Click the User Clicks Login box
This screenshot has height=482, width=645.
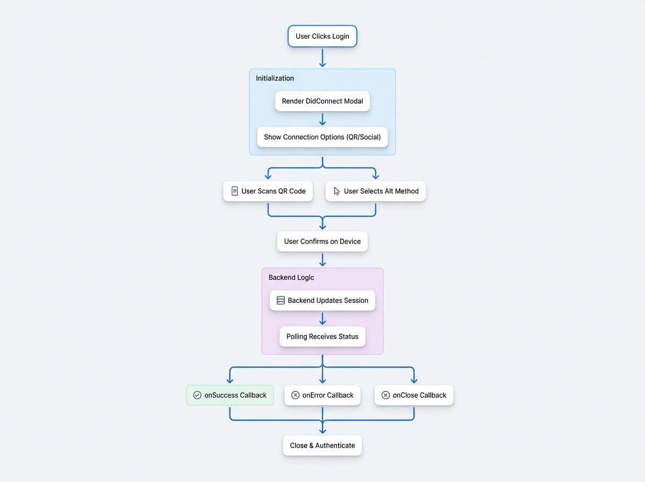[322, 37]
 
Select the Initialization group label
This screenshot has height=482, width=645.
[275, 79]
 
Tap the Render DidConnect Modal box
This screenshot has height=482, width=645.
[322, 101]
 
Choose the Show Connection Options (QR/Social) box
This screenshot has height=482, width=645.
[322, 137]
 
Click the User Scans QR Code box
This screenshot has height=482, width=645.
[268, 191]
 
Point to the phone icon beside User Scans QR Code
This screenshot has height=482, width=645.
[234, 191]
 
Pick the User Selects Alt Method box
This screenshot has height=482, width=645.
[376, 191]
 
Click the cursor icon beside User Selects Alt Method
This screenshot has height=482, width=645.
[336, 191]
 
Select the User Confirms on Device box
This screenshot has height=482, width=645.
[322, 242]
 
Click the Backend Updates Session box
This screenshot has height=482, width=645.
[322, 301]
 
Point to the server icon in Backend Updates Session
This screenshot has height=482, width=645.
[281, 301]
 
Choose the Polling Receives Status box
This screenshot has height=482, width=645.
[322, 337]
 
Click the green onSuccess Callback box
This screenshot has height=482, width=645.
[230, 395]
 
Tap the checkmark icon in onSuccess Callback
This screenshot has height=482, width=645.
[197, 395]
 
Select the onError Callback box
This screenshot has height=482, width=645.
[322, 395]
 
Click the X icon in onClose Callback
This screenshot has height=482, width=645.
[385, 395]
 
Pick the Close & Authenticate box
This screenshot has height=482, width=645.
[322, 446]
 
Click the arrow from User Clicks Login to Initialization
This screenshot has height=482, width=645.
[322, 58]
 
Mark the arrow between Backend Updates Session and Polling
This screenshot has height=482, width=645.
[322, 318]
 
